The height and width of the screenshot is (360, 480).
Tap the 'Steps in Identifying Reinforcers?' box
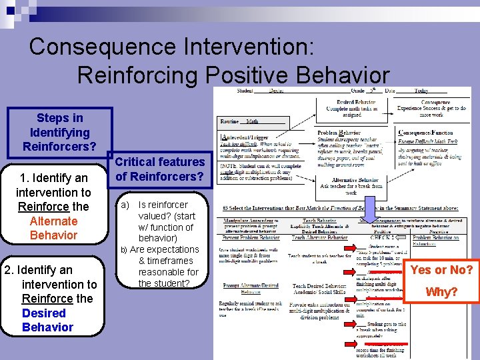(x=59, y=131)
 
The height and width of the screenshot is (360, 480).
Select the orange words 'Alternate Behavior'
(x=53, y=228)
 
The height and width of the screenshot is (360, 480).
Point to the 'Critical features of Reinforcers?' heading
(x=160, y=169)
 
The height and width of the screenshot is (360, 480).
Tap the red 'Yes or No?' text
(x=441, y=270)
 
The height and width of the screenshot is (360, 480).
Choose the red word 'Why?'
(x=441, y=292)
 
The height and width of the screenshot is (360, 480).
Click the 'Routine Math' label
(x=243, y=121)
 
